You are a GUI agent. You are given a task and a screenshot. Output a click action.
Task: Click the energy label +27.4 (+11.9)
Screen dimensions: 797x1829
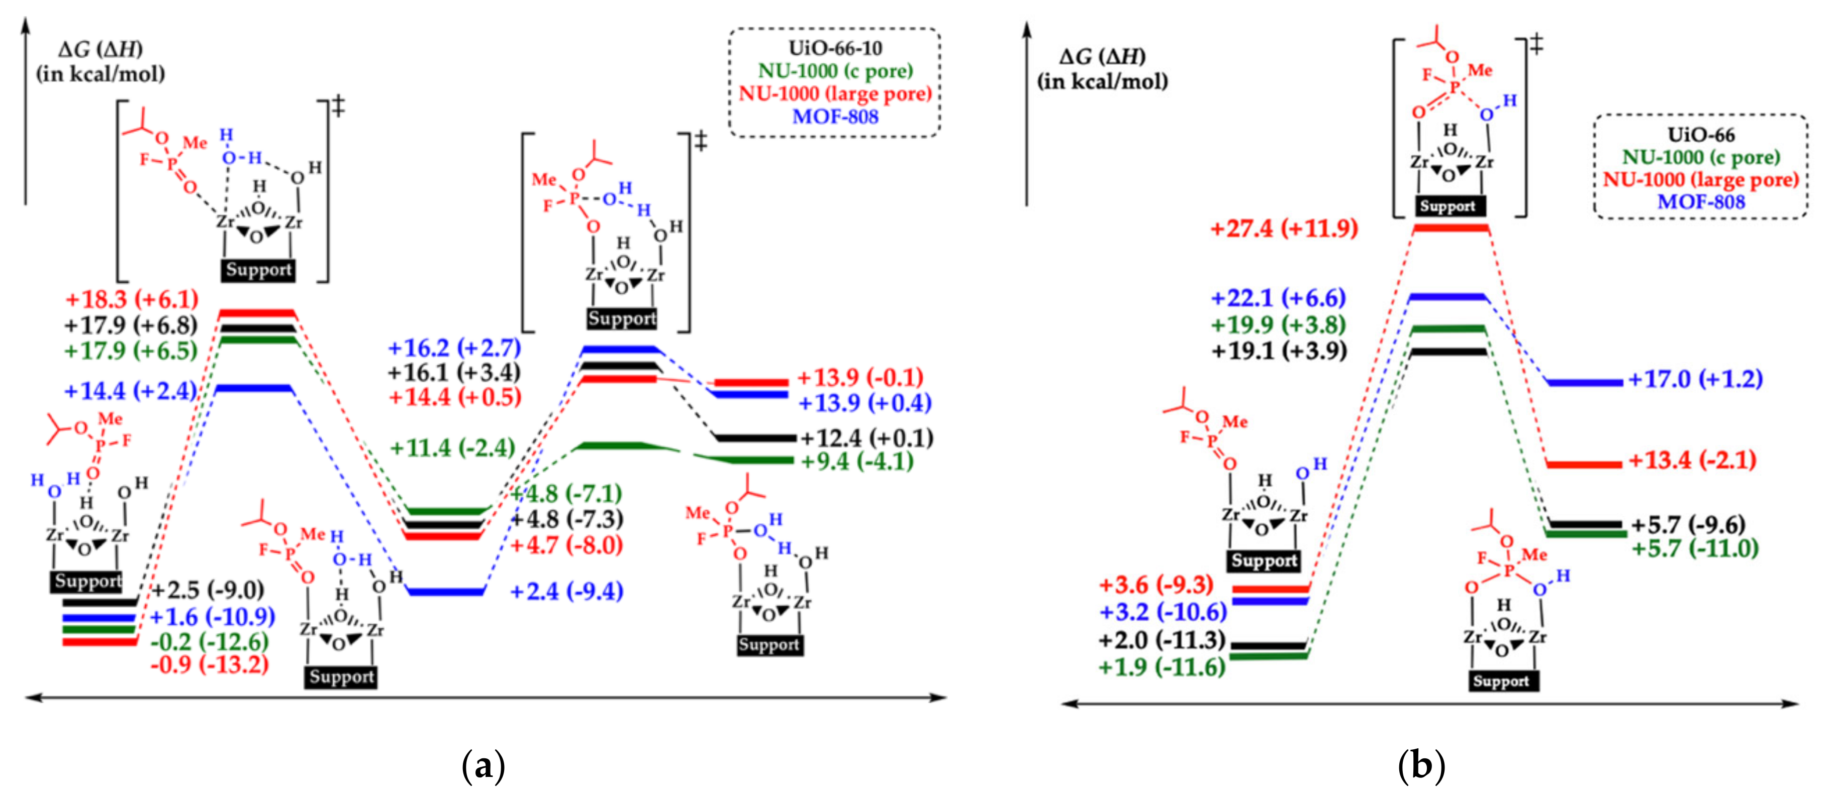pos(1284,229)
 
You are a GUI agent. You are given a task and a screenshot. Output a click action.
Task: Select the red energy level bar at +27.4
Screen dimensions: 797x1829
pos(1451,228)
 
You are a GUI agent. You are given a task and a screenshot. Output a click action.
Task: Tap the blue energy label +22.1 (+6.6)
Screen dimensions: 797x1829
pos(1278,298)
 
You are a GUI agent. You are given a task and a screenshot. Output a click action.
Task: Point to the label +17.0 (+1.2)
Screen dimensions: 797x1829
pos(1695,379)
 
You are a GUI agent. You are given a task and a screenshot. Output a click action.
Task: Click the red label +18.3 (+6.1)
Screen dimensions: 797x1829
pos(131,299)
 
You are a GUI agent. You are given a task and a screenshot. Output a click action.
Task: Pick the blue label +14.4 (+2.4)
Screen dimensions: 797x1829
pos(130,390)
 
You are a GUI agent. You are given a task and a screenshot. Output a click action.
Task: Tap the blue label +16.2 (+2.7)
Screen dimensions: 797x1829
pos(454,348)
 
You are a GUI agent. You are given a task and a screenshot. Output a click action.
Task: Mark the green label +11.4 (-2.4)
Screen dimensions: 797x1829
pos(452,448)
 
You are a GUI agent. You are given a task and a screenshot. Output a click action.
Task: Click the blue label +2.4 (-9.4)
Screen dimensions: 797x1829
pos(566,591)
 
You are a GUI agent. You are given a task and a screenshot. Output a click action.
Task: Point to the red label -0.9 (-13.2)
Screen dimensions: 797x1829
pos(210,664)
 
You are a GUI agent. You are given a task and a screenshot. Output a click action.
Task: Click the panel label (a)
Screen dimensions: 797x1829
pos(483,766)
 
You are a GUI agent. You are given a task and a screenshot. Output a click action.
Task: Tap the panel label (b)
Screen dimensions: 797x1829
pos(1421,766)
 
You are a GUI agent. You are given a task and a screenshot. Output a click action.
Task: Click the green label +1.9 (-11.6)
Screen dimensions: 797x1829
pos(1162,667)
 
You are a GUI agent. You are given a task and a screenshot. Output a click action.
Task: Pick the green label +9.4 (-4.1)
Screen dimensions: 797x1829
pos(857,462)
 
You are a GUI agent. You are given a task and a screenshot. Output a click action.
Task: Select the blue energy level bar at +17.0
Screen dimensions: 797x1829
pos(1585,383)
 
